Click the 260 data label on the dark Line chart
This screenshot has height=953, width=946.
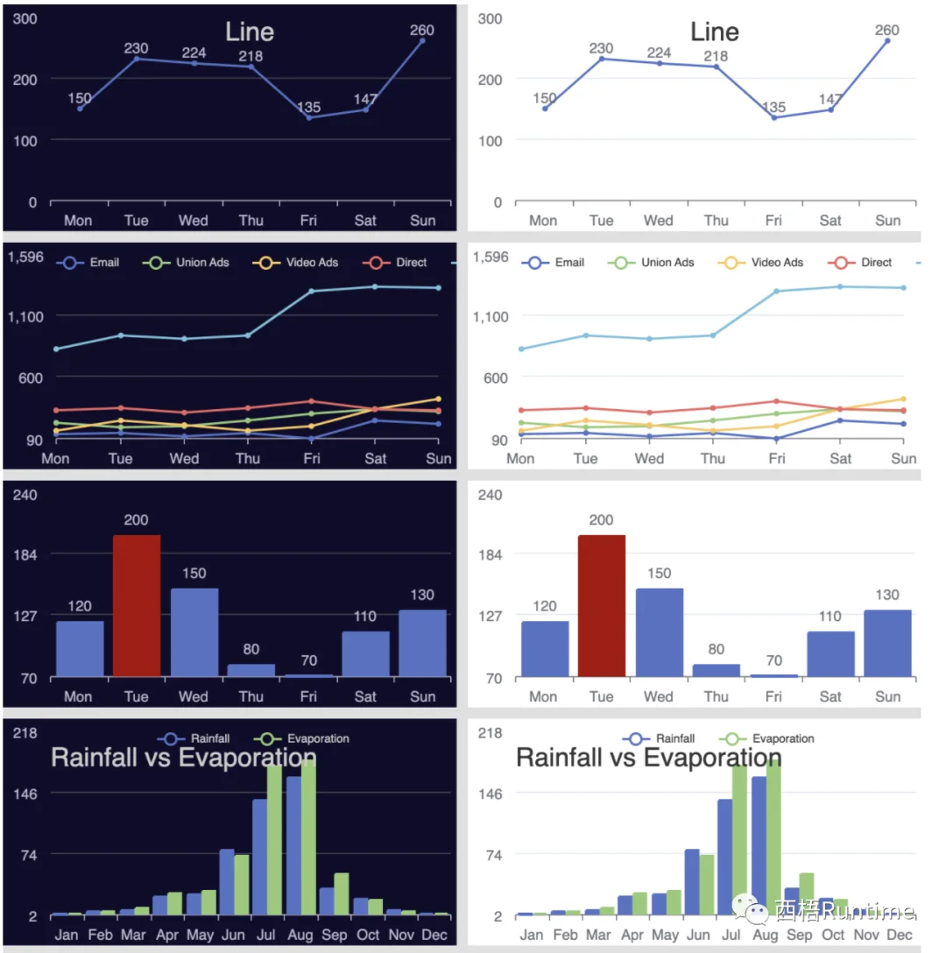[421, 30]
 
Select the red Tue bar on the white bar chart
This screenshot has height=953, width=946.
[601, 605]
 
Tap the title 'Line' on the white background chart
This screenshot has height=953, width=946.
[715, 32]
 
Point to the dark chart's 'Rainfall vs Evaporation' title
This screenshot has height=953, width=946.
[183, 758]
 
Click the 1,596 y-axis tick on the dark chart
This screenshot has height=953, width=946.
[25, 257]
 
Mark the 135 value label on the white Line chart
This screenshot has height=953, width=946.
[773, 108]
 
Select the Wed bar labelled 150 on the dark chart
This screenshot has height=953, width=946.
[194, 632]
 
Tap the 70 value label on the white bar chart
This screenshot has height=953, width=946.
[773, 660]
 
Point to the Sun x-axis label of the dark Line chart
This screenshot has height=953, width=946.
[422, 220]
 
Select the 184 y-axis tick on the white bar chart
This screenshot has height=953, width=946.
[491, 554]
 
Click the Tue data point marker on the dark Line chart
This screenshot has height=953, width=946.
[137, 59]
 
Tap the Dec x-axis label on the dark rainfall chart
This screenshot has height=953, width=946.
[434, 935]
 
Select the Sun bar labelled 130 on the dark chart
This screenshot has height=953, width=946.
[422, 643]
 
